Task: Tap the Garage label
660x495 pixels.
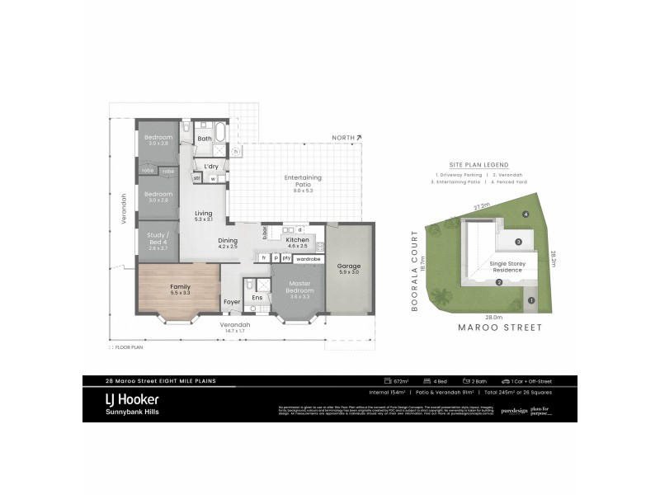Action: click(349, 266)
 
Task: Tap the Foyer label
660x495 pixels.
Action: click(233, 302)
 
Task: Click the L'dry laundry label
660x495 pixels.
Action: click(211, 167)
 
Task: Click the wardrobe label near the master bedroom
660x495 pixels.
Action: click(308, 258)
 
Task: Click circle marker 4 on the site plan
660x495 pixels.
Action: click(526, 214)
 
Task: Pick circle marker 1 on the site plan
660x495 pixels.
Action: click(531, 300)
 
